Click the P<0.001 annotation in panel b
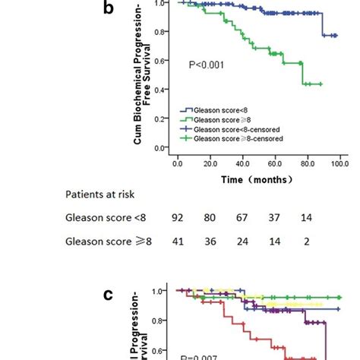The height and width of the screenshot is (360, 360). pos(206,67)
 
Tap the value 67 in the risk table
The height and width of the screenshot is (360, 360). pos(247,218)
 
